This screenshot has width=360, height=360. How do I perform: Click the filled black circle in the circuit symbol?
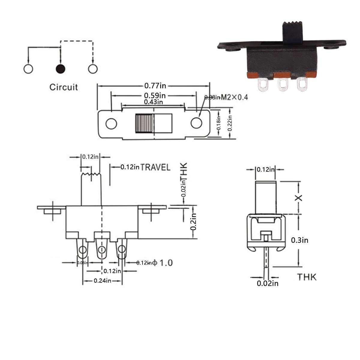coord(61,69)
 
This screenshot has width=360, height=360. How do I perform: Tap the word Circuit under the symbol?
coord(63,87)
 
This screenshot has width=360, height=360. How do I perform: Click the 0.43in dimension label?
coord(153,102)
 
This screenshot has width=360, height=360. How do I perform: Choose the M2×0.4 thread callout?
coord(234,97)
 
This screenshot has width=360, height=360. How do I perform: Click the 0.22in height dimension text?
coord(230,123)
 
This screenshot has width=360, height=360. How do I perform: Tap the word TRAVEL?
coord(155,167)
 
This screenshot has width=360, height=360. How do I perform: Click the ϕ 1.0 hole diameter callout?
coord(162,263)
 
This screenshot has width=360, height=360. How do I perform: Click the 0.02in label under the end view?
coord(268,283)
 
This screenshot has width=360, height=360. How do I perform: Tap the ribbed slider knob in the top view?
coord(144,123)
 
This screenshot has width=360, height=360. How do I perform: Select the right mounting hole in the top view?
coord(196,122)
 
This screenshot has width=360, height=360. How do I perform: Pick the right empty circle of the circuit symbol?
coord(93,69)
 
